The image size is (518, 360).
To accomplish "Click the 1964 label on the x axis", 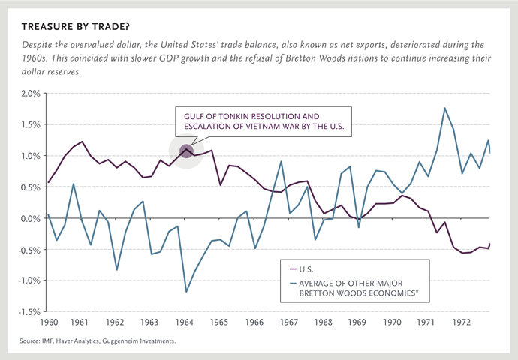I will (x=185, y=322).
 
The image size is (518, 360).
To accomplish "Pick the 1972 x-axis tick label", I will (x=461, y=322).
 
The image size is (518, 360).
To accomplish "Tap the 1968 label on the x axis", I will (x=323, y=322).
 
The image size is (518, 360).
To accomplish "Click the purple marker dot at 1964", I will (x=186, y=152).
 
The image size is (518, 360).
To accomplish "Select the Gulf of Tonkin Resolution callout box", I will (x=262, y=122).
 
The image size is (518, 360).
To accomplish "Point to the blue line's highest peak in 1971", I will (x=444, y=108).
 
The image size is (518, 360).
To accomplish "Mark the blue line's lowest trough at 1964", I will (x=186, y=291).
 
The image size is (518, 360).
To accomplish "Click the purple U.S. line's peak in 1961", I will (x=82, y=142).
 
